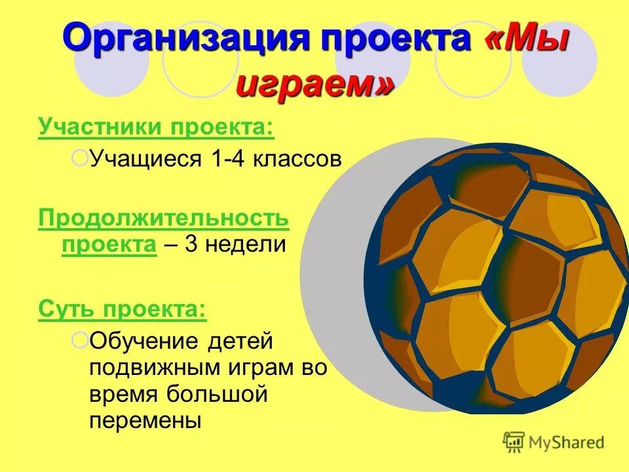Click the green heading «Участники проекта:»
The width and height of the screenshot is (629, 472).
point(156,127)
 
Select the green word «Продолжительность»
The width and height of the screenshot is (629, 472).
point(163,218)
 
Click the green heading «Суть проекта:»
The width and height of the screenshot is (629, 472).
point(123,308)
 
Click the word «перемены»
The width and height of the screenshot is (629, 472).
point(145,420)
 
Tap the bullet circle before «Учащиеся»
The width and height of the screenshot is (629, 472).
point(79,157)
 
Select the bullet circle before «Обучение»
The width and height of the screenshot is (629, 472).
point(79,340)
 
